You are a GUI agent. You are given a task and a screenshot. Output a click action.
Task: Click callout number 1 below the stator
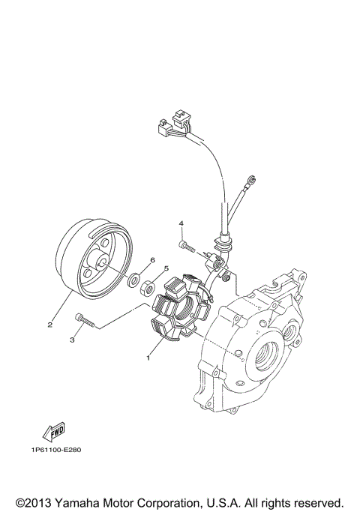[x=148, y=358]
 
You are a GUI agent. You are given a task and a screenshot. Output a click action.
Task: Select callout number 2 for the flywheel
[x=50, y=325]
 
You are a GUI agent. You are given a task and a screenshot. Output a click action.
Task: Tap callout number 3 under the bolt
[x=72, y=340]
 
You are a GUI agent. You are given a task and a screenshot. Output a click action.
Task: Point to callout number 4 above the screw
[x=181, y=223]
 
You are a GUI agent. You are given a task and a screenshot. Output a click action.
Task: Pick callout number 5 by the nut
[x=166, y=268]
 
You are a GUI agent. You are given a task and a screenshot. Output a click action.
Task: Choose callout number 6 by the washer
[x=152, y=260]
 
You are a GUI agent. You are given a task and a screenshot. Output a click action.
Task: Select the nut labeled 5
[x=148, y=286]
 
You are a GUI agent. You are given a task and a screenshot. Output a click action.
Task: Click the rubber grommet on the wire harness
[x=223, y=241]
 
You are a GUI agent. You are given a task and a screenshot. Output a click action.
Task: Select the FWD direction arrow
[x=54, y=430]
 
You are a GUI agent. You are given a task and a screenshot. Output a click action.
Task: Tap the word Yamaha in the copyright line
[x=79, y=502]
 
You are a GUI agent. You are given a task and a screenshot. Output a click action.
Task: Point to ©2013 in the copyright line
[x=31, y=502]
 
